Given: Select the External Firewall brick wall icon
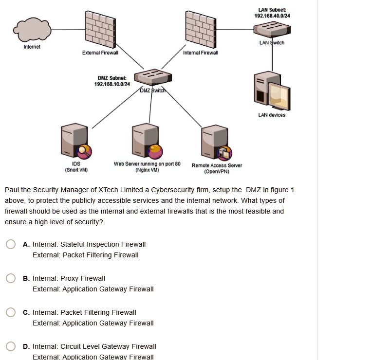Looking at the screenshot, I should pos(100,28).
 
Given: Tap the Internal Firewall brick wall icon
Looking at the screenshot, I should pos(201,28).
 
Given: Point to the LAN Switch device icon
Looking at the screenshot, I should pos(272,30).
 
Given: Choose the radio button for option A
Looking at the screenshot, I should pos(11,244).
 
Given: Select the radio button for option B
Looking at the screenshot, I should pos(11,278).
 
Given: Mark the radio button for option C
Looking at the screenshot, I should pos(11,312).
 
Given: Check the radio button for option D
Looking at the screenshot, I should pos(11,346).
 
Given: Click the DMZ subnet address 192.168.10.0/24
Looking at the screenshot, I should pos(112,84).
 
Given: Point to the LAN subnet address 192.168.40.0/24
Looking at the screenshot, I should pos(272,16).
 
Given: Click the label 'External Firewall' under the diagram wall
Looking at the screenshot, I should pos(100,53).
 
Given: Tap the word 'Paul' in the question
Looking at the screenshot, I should pos(12,190).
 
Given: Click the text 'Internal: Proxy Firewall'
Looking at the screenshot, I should pos(69,278).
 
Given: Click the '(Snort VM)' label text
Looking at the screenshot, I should pos(76,170).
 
